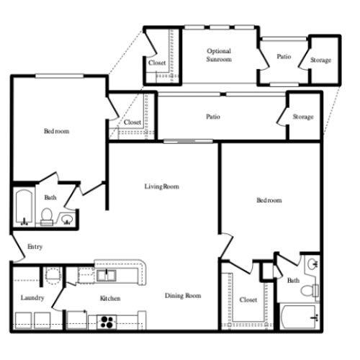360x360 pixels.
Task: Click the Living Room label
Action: (162, 186)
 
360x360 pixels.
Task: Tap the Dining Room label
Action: (183, 296)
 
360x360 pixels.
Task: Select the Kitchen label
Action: (110, 299)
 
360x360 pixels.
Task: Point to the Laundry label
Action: (32, 298)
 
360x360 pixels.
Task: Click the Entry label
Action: (35, 247)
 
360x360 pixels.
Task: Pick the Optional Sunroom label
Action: (219, 55)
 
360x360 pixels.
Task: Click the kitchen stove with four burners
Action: (107, 322)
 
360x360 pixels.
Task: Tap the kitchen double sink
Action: (107, 275)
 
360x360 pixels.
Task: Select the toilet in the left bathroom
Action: (47, 217)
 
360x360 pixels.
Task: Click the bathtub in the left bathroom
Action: (24, 207)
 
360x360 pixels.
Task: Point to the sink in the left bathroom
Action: (67, 220)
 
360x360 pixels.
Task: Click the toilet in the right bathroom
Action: (310, 291)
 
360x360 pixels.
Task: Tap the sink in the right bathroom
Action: (313, 264)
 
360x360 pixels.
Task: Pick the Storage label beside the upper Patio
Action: (320, 60)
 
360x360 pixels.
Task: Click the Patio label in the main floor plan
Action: (213, 117)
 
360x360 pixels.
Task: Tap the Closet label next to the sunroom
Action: (157, 63)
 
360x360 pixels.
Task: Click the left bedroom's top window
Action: (60, 76)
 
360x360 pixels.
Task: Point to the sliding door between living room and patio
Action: (188, 141)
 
